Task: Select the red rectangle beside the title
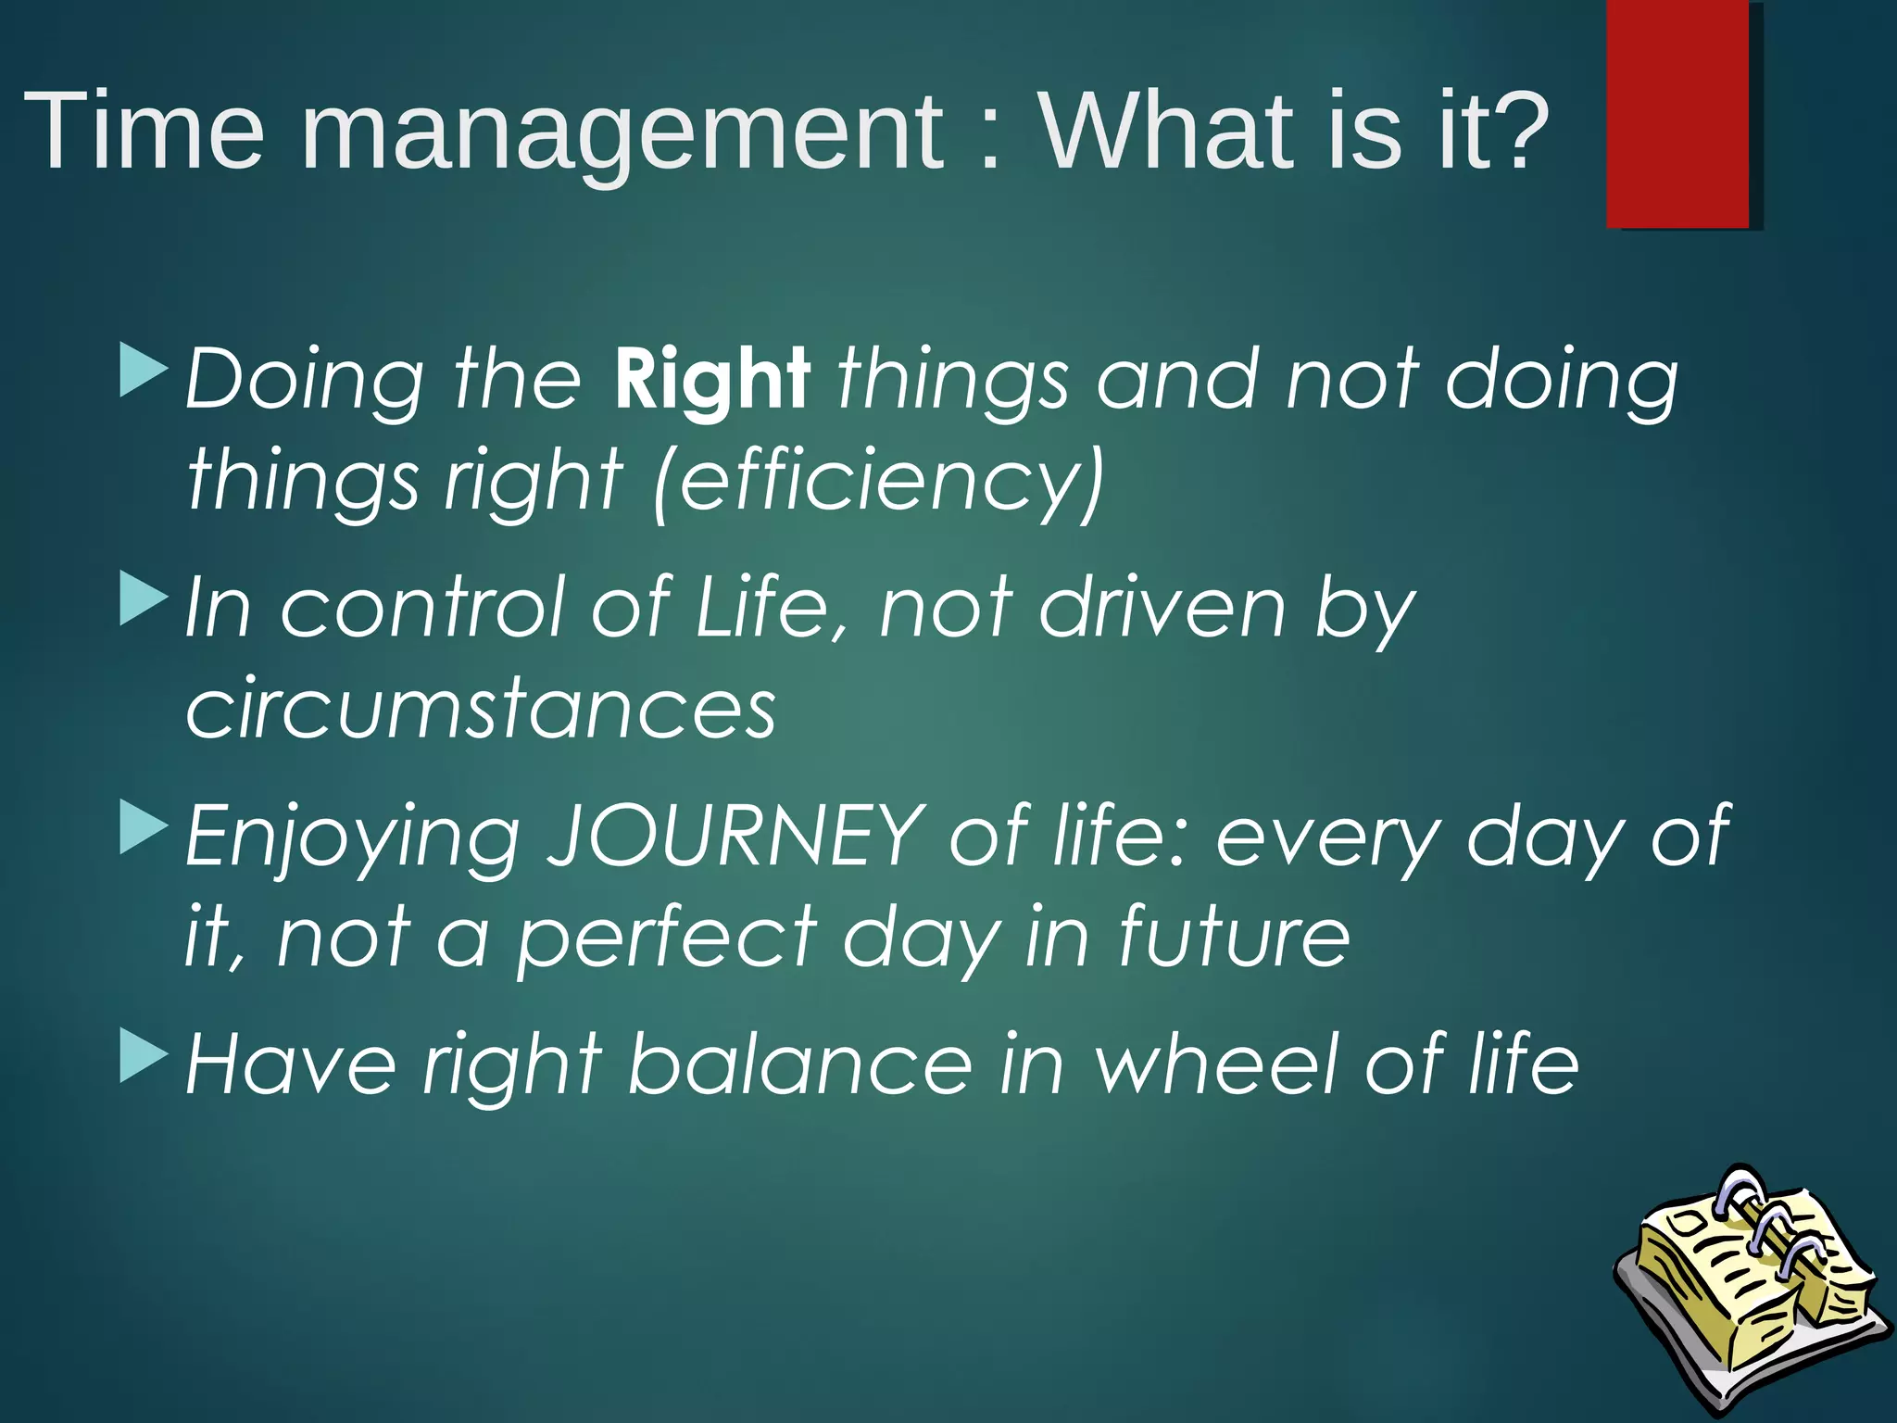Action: coord(1677,115)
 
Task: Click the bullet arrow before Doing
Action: coord(144,370)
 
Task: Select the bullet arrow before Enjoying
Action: coord(144,826)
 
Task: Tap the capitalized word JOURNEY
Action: coord(736,836)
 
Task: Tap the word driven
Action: coord(1162,607)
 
